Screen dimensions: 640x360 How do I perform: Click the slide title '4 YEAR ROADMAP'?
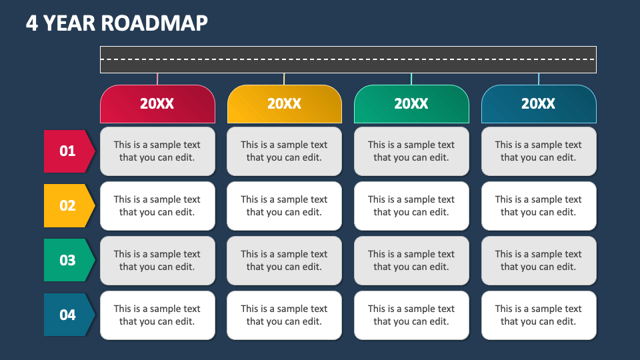(117, 23)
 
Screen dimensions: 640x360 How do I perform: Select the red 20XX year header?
(157, 104)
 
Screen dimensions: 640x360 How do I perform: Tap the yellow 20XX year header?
(285, 104)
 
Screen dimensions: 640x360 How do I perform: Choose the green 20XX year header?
(411, 104)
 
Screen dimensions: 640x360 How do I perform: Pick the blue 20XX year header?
(539, 104)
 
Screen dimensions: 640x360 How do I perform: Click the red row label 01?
(69, 151)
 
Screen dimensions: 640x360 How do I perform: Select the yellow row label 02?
(69, 206)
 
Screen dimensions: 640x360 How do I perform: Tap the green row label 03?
(69, 260)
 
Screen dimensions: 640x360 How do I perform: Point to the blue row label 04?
(69, 315)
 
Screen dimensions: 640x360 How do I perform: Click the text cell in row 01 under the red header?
(157, 151)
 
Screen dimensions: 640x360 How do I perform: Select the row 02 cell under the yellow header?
(285, 206)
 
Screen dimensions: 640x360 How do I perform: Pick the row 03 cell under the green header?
(411, 261)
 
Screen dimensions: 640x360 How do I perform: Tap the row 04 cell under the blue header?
(539, 315)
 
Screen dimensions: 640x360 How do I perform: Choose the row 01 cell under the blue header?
(539, 151)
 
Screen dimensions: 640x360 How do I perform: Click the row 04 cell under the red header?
(157, 315)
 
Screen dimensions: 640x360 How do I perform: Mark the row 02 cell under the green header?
(411, 206)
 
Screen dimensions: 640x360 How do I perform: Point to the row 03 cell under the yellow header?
(285, 261)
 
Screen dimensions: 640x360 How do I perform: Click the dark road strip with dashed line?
(348, 59)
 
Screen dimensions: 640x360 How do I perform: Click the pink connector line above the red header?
(157, 79)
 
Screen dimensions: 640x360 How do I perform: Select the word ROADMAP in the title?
(154, 23)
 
